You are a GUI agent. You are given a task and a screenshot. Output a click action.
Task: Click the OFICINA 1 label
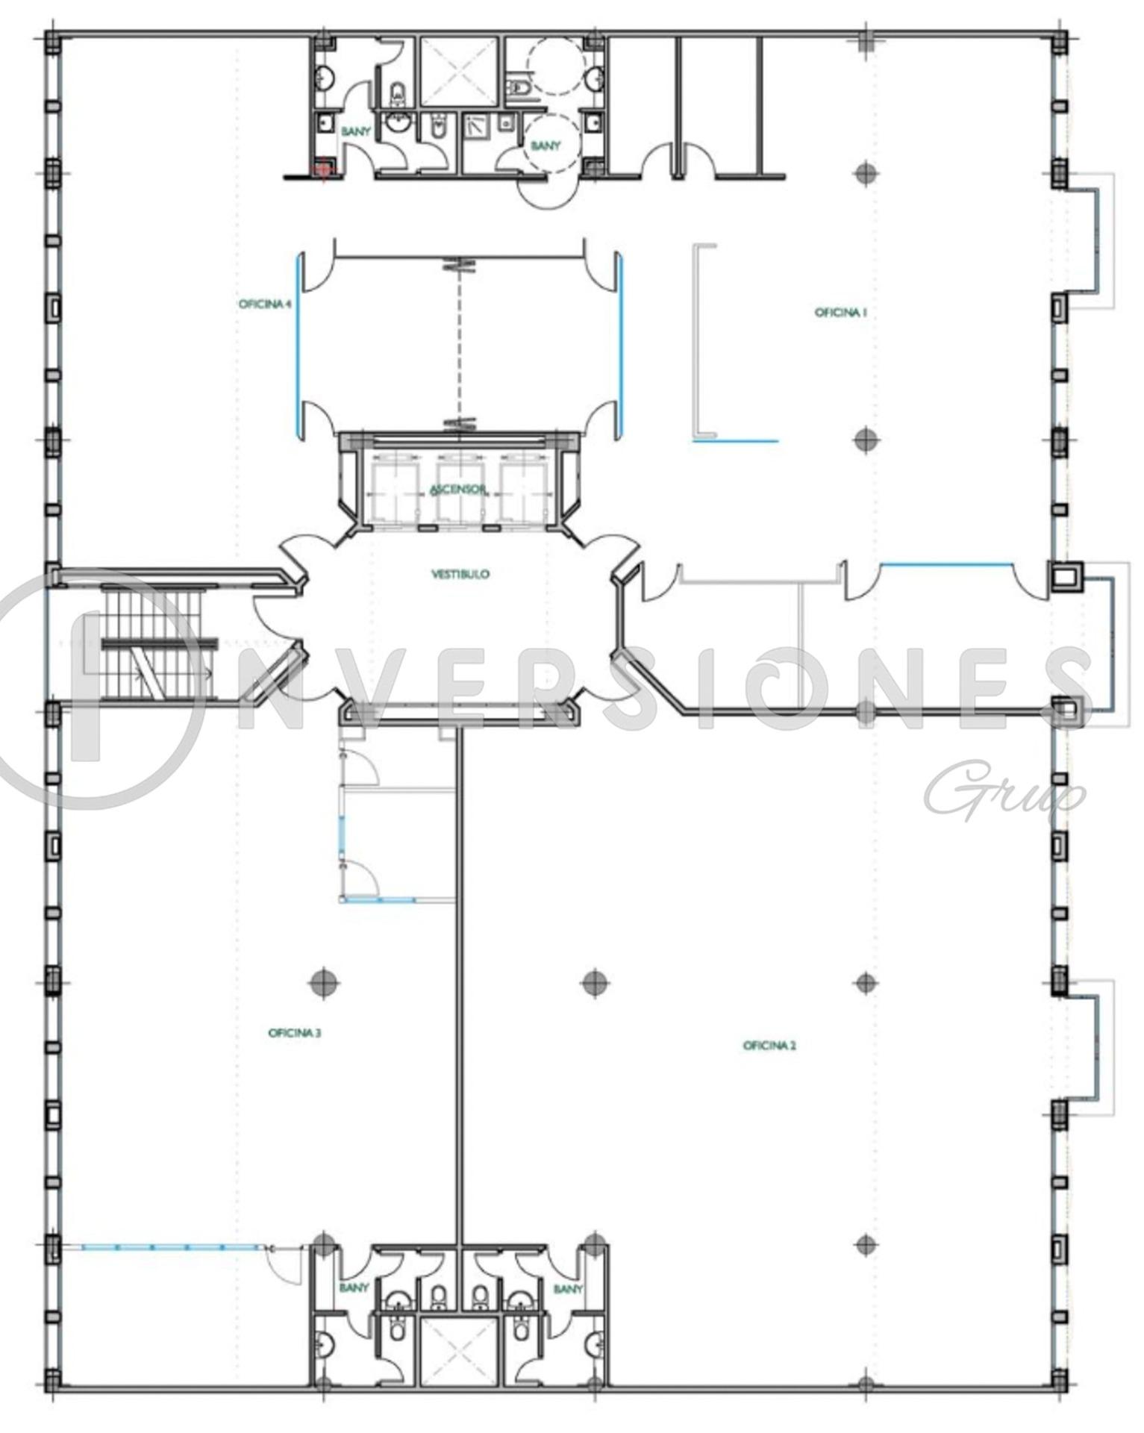pos(840,313)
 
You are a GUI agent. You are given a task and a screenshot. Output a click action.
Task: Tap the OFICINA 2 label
pos(769,1046)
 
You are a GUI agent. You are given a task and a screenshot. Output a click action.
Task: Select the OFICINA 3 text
pos(295,1034)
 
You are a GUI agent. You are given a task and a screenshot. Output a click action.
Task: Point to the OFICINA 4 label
pos(265,305)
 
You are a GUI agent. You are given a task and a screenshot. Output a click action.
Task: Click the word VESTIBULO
pos(460,574)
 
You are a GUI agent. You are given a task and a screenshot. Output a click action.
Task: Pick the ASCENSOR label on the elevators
pos(458,490)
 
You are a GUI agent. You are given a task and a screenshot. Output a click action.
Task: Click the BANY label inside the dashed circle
pos(545,146)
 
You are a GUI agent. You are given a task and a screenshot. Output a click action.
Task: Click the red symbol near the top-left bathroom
pos(322,171)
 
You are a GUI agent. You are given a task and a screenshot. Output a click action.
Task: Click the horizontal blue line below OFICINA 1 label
pos(736,441)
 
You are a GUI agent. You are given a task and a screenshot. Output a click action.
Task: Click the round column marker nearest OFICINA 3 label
pos(323,982)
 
